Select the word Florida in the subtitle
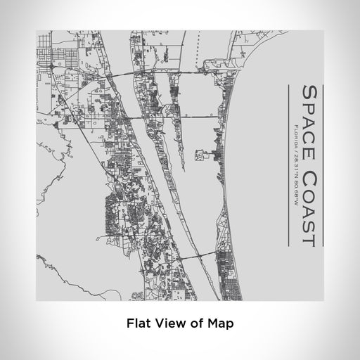pyautogui.click(x=292, y=135)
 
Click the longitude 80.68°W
pyautogui.click(x=292, y=184)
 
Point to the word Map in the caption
pyautogui.click(x=220, y=324)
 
